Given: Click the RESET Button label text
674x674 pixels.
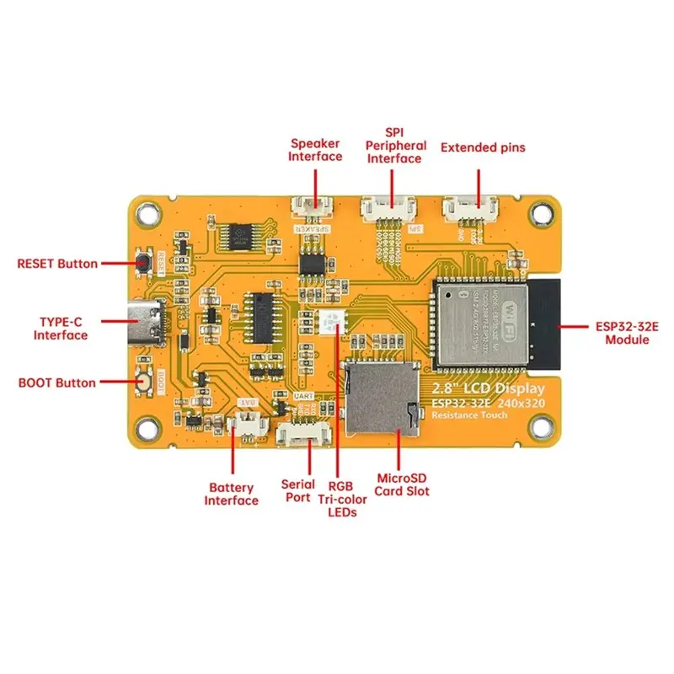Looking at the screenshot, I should point(57,264).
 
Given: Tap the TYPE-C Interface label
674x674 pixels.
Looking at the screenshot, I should point(61,329).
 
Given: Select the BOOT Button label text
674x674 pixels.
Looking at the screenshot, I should point(57,382).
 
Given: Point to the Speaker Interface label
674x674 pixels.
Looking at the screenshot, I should point(315,149).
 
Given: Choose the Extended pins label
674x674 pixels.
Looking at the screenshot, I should point(483,147).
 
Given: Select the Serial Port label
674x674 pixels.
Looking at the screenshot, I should point(298,491).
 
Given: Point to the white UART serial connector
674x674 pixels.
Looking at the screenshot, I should point(305,433).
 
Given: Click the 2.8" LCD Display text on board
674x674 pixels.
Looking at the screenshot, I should point(488,388).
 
